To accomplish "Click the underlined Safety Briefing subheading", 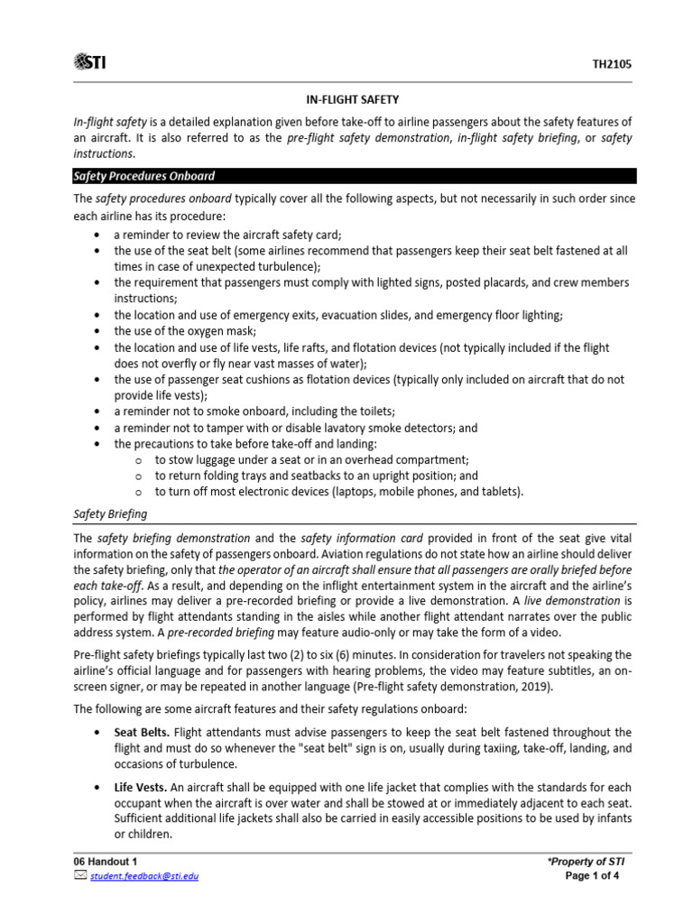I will point(109,514).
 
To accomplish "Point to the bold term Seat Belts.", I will point(141,732).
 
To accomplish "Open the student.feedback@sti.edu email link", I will point(143,876).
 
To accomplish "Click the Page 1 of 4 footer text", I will point(593,876).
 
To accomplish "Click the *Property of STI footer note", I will point(586,862).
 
